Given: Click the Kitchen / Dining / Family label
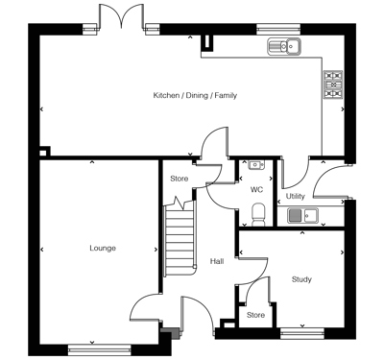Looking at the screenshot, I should [195, 96].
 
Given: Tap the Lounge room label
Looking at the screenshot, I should [103, 248].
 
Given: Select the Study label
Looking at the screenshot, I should [301, 279].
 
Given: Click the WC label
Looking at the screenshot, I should [256, 190].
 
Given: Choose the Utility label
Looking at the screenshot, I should [295, 196].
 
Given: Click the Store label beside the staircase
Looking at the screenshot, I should [179, 179].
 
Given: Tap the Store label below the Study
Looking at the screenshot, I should [255, 315].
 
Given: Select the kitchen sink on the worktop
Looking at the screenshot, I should [284, 45].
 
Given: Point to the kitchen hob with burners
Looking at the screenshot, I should [333, 84].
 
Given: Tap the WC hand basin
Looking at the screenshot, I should [255, 165].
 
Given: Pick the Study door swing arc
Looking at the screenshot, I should [247, 282].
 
